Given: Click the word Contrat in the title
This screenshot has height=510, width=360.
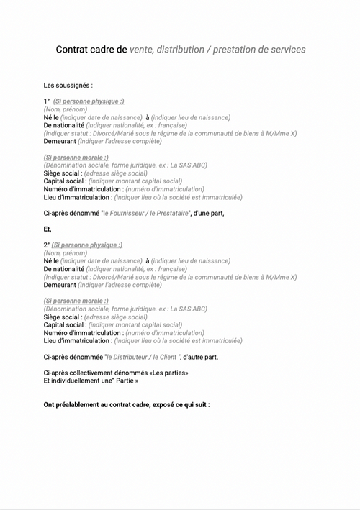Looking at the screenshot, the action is click(75, 50).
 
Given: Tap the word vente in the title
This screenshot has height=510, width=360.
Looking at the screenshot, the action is click(142, 50).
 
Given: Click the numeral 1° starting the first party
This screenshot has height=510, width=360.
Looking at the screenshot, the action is click(46, 101).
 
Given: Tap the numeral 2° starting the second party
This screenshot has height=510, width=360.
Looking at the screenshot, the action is click(46, 245).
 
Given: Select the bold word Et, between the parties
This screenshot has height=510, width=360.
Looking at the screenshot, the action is click(48, 229).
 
